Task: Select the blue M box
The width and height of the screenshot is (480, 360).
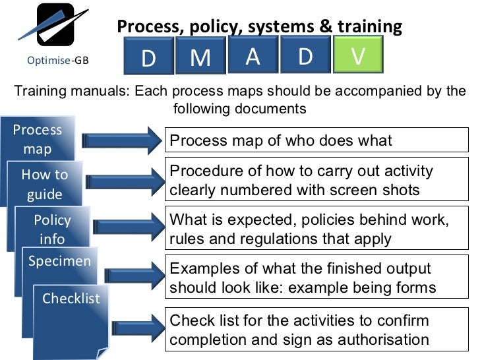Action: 200,58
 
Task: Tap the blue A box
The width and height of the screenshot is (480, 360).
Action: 253,57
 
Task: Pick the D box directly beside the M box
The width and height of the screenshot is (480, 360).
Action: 148,59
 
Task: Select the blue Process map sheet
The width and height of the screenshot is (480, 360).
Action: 38,138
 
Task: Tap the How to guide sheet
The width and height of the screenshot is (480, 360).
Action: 45,184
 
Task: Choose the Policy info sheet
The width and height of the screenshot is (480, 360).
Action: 52,229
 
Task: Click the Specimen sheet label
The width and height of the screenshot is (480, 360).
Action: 59,260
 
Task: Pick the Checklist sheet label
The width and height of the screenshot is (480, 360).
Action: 71,298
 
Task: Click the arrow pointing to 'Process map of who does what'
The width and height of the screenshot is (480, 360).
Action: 122,140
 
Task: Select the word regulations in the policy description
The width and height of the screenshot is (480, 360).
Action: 266,239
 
